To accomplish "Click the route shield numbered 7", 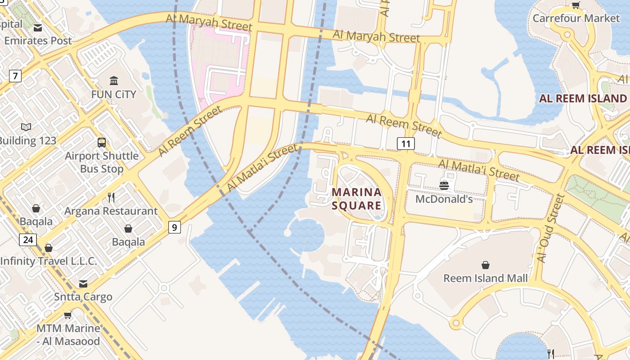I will [x=15, y=76].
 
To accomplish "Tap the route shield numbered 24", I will [x=28, y=240].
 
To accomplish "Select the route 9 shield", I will [x=174, y=227].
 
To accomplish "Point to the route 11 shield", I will [x=406, y=144].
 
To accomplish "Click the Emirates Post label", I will [x=38, y=40].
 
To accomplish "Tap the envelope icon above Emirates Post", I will [x=38, y=28].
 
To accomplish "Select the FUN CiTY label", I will [x=113, y=94].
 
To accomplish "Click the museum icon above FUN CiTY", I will [x=114, y=81].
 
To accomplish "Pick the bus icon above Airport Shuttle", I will [x=102, y=143].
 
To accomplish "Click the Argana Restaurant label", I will [x=111, y=211].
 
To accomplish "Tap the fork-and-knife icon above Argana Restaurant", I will [x=111, y=197].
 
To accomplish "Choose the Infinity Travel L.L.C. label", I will [x=49, y=261].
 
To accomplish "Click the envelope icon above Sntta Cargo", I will [x=83, y=283].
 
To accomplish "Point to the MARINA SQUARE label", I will [x=356, y=199].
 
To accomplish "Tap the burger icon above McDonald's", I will [x=444, y=185].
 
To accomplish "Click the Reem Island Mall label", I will [x=486, y=278].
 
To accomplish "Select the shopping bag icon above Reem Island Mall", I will [x=486, y=265].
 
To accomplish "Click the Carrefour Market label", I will [x=576, y=18].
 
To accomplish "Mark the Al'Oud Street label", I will [x=550, y=228].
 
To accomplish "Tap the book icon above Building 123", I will [x=27, y=127].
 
